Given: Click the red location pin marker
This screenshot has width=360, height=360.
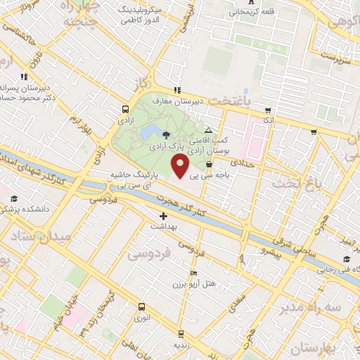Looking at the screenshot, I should [x=181, y=167].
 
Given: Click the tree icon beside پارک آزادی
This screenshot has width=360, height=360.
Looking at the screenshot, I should [x=165, y=135].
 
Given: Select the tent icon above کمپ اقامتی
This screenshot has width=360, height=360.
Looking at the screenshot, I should [x=207, y=131].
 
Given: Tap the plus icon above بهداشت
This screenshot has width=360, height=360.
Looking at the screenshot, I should [x=164, y=216].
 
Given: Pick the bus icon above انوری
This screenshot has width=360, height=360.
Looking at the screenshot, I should [x=141, y=307].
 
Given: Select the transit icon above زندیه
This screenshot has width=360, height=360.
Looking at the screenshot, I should [x=181, y=334].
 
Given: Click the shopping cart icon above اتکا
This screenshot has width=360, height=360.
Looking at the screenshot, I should [x=268, y=110].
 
